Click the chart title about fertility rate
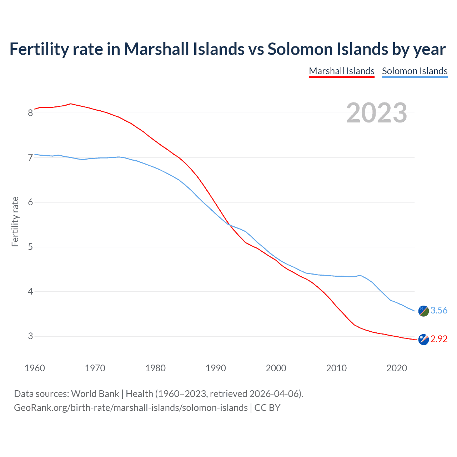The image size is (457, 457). coord(227,49)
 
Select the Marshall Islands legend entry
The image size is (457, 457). coord(341,71)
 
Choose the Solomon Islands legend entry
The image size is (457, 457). coord(415,71)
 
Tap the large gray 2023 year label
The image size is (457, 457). coord(377,113)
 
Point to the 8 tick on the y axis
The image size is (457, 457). coord(30,113)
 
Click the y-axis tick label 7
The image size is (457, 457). coord(30,157)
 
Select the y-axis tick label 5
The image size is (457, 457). coord(30,247)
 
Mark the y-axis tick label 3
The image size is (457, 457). coord(30,336)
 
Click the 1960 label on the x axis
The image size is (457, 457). coord(35,368)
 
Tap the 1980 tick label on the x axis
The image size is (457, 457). coord(155,368)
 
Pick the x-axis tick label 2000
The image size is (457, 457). coord(276,368)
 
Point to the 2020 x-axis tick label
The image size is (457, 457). coord(397,368)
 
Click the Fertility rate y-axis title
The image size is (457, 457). coord(15,221)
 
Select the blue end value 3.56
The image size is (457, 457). coord(439,311)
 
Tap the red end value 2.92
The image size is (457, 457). coord(439,339)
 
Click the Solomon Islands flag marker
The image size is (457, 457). coord(423,311)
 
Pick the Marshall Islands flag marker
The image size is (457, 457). coord(423,340)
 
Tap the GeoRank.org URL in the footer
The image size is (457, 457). coord(131,407)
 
